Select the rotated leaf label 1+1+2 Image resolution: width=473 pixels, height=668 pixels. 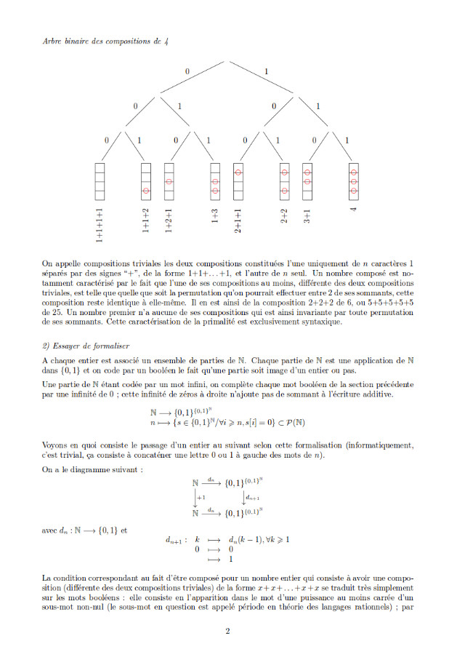146,220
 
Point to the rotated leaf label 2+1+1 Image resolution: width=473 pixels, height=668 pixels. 238,220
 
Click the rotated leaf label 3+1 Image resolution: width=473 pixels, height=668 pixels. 307,217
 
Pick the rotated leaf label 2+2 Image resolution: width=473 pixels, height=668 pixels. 285,217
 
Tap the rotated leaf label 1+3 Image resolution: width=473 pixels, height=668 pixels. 216,217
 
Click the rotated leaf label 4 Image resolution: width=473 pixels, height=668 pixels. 354,210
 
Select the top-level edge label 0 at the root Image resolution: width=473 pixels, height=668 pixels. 187,71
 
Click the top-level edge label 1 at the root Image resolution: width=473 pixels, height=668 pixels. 267,71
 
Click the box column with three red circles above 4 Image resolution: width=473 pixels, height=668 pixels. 354,179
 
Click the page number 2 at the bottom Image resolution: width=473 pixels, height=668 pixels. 227,631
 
